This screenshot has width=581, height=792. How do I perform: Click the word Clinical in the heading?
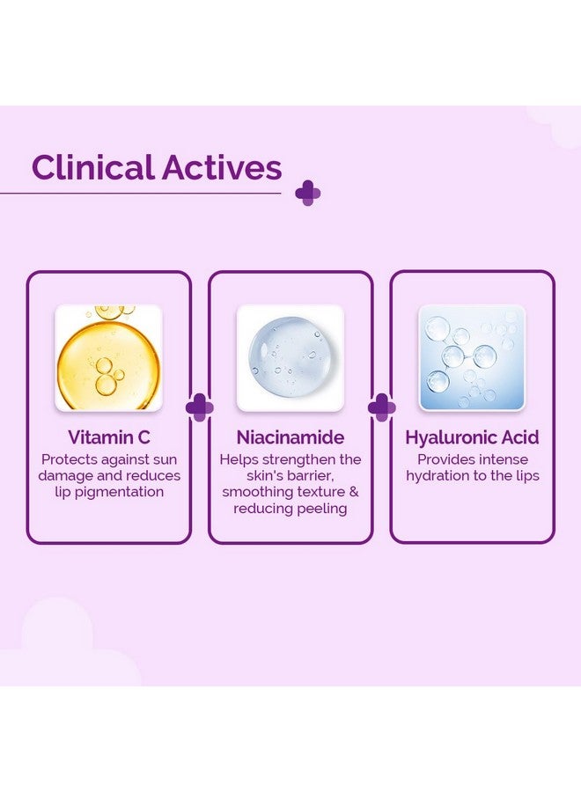coord(93,167)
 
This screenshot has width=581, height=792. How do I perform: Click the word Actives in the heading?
coord(222,167)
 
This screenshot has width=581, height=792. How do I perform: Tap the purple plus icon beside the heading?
coord(308,193)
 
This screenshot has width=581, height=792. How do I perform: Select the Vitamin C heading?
coord(109,436)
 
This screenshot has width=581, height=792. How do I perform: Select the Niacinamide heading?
coord(290,436)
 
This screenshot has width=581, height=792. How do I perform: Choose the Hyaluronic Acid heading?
coord(473,436)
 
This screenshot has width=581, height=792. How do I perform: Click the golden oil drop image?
coord(108,357)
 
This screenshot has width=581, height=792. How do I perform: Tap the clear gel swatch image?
coord(290,357)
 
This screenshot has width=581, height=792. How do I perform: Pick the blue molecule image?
coord(473,357)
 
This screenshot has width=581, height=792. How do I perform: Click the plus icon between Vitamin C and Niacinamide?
coord(200,407)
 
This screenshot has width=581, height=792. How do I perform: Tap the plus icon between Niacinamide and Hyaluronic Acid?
coord(381,407)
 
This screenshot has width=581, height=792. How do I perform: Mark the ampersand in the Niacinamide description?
coord(354,491)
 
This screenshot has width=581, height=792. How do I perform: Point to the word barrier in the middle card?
coord(312,476)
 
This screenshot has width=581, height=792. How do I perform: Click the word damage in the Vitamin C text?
coord(64,476)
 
